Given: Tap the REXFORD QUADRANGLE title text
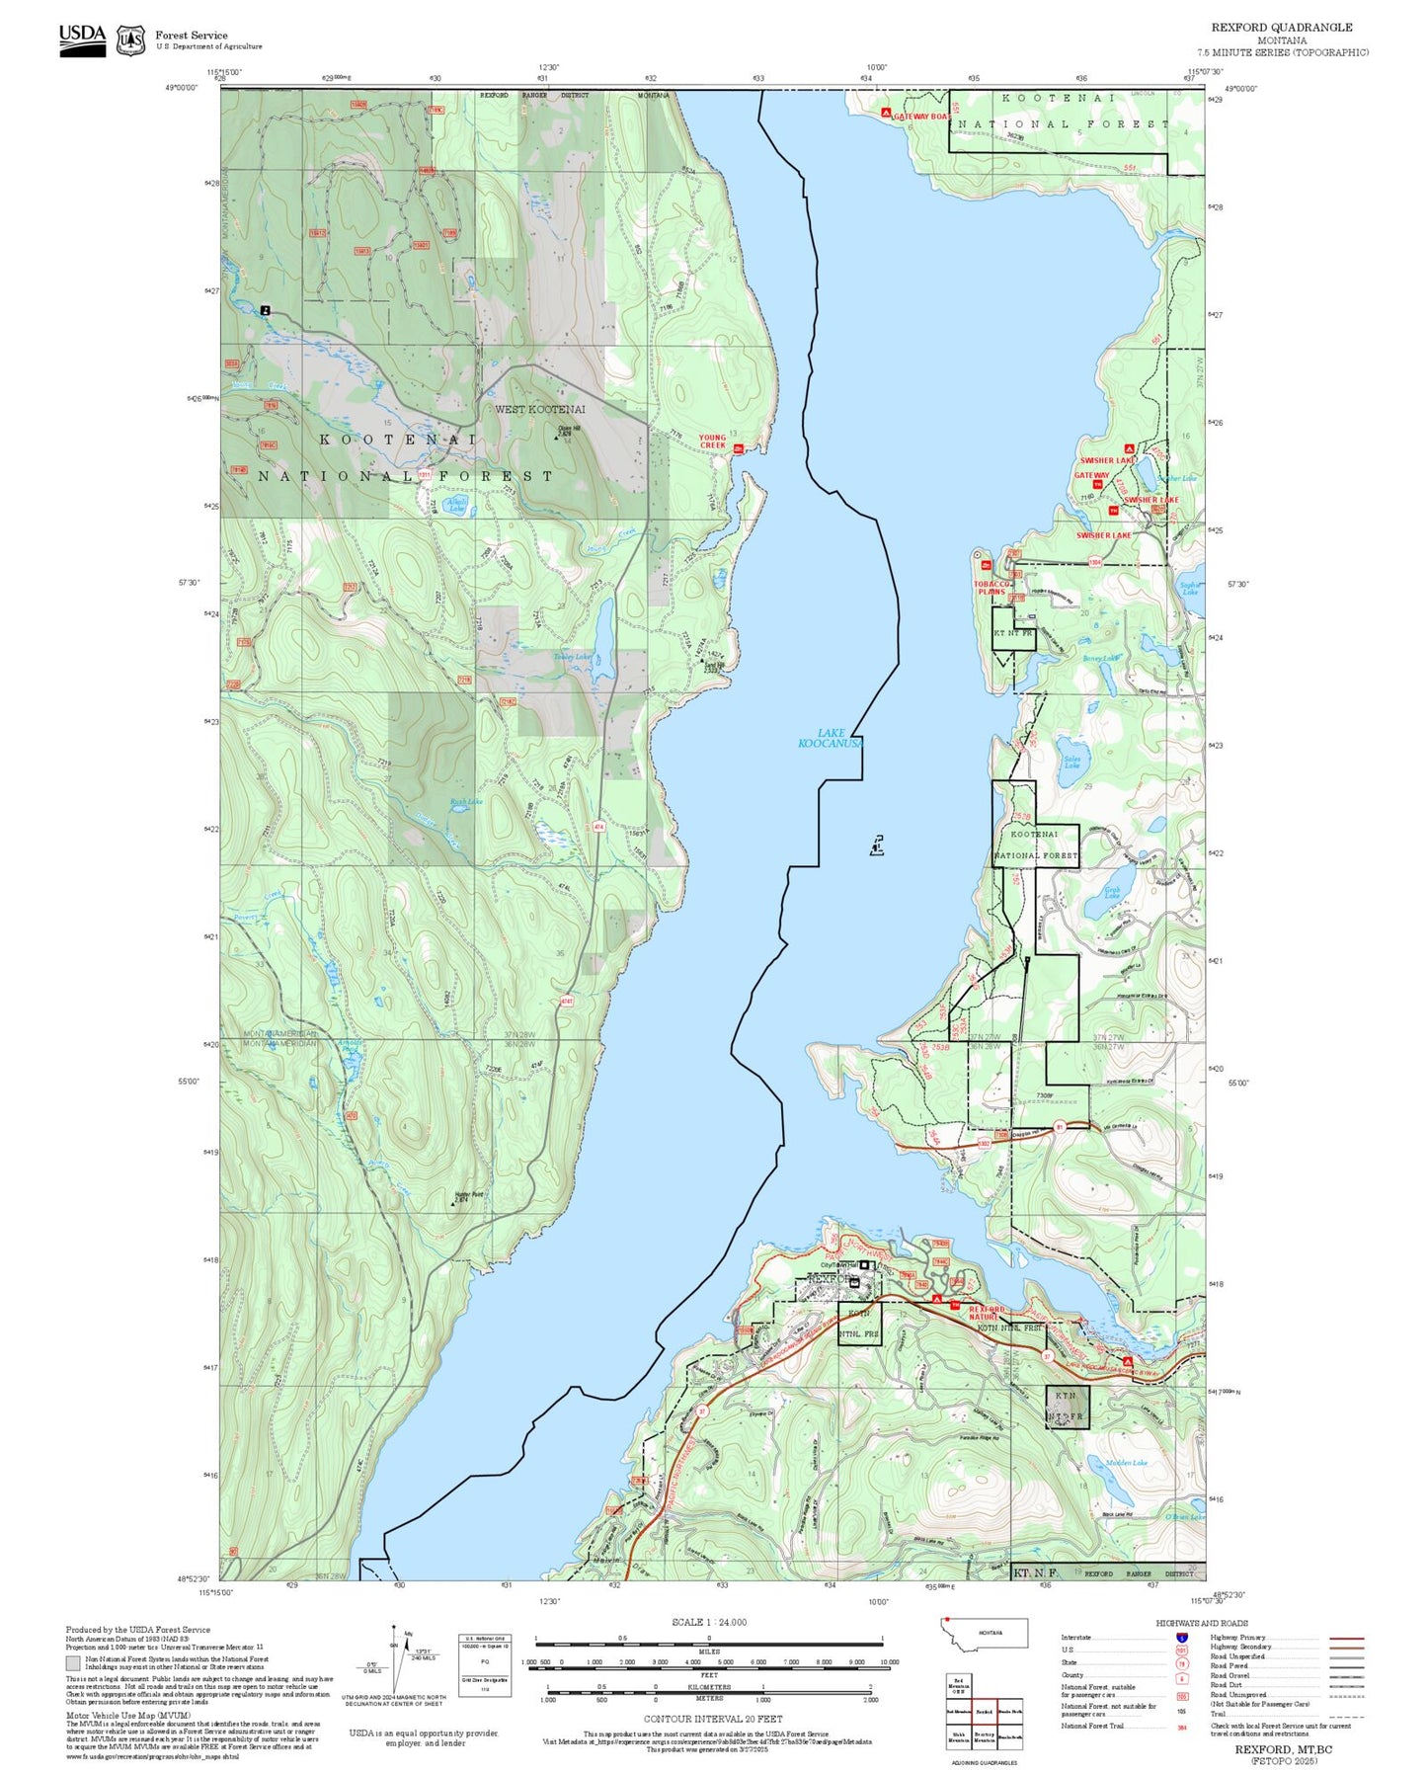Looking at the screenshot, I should pos(1282,28).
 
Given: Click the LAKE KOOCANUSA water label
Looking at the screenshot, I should pos(831,738).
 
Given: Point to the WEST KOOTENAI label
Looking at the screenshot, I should pos(539,409).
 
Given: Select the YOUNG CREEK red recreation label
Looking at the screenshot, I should pos(712,442).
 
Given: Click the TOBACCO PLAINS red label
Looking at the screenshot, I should pos(991,588).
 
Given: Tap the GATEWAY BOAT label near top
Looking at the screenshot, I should pos(920,117).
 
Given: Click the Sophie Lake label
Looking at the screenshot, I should pos(1190,589).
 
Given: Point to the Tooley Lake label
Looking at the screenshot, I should pos(572,657).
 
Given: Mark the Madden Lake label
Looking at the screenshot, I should pos(1127,1463).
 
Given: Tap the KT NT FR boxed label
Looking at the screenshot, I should pos(1012,633).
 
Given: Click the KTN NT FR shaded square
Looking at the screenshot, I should pos(1068,1407).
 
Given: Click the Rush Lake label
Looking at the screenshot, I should pos(466,801).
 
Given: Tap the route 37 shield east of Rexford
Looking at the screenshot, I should pos(1046,1357).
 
